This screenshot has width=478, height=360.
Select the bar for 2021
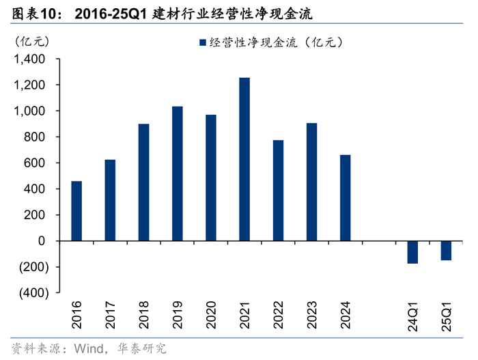tap(244, 159)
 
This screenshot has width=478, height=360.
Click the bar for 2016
tap(76, 211)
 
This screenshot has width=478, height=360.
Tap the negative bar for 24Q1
tap(412, 252)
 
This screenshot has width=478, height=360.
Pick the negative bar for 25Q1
tap(446, 251)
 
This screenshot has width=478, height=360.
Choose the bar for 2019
tap(178, 174)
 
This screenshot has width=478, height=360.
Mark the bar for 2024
tap(346, 198)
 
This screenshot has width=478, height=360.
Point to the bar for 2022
tap(279, 191)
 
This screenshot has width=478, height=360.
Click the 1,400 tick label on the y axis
tap(29, 59)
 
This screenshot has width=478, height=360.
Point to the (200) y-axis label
tap(34, 267)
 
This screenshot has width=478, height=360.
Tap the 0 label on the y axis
tap(42, 241)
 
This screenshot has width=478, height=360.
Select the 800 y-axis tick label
tap(34, 137)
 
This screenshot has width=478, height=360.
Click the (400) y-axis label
tap(34, 293)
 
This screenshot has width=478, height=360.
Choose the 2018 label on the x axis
tap(143, 315)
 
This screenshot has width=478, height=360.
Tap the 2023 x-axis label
tap(312, 315)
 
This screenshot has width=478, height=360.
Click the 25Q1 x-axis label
tap(447, 316)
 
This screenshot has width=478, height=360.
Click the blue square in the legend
tap(203, 42)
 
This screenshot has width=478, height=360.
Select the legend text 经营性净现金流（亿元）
tap(276, 42)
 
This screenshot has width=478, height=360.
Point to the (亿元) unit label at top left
tap(32, 41)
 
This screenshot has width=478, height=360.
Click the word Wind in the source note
tap(89, 348)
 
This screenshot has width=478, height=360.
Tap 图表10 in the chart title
tap(34, 14)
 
